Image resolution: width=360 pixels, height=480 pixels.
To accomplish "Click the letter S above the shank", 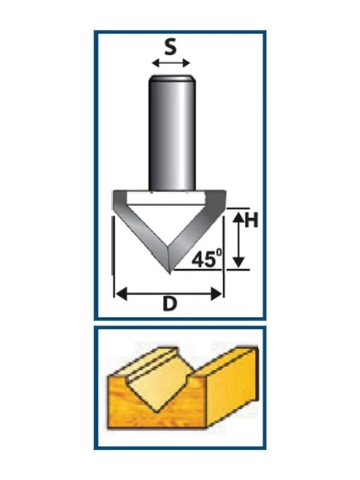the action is [x=170, y=48].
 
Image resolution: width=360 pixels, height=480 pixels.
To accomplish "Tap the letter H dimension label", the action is [x=251, y=220].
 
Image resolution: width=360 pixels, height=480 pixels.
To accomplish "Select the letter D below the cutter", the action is [x=170, y=304].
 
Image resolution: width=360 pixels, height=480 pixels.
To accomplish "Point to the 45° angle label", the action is [x=207, y=259].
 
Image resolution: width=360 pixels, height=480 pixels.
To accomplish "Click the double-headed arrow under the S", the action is [x=171, y=63].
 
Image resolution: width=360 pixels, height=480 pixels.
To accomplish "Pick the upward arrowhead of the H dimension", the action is [x=238, y=217].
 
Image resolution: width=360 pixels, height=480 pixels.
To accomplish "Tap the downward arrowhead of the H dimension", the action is [x=238, y=262].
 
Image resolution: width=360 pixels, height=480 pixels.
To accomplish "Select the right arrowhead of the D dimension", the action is [x=216, y=294].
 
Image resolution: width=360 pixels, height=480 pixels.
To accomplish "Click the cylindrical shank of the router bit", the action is [x=172, y=134].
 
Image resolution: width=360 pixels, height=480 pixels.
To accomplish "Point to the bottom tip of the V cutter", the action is [x=169, y=273].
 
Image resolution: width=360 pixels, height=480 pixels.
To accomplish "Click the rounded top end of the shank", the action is [x=172, y=78].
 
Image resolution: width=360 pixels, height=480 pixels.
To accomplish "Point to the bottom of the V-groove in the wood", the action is [x=156, y=411].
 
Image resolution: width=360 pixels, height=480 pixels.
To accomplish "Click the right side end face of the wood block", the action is [x=233, y=388].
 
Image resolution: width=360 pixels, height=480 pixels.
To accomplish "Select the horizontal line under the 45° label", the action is [x=198, y=270].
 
